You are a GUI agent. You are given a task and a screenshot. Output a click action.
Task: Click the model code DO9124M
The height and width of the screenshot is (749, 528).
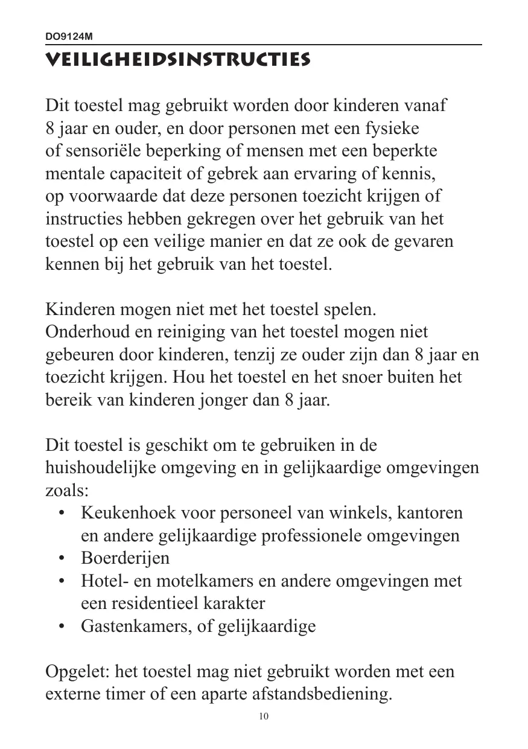[x=69, y=37]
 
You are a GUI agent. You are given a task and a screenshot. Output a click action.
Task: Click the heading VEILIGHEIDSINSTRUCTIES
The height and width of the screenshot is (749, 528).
[x=178, y=60]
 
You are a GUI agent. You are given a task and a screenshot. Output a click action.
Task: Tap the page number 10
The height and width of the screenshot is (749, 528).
[x=264, y=716]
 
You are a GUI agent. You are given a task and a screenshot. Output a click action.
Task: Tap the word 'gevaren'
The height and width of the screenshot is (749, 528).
[x=424, y=242]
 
